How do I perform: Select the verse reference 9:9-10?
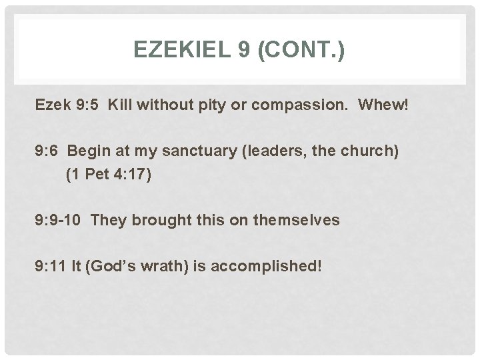coord(58,220)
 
